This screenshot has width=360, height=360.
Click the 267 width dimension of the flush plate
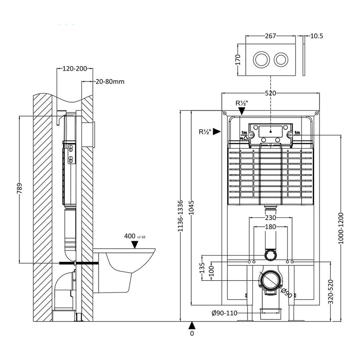pos(270,36)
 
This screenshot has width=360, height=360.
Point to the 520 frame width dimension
pos(270,93)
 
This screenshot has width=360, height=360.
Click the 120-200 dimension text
pos(74,69)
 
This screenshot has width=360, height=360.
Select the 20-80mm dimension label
pos(110,81)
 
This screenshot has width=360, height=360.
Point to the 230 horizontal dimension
pos(270,218)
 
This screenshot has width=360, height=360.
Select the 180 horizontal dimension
pos(270,227)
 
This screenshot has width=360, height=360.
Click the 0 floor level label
pos(192,334)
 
